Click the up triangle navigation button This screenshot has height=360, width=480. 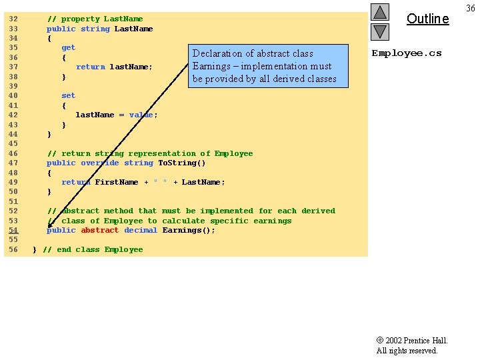coord(380,12)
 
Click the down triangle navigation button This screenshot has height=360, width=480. coord(380,32)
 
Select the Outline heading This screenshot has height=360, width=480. coord(427,19)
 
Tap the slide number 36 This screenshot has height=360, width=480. coord(471,8)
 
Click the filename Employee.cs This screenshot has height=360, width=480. coord(407,53)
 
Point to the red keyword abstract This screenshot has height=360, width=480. coord(100,230)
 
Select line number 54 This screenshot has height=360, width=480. coord(13,230)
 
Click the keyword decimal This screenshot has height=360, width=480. coord(141,230)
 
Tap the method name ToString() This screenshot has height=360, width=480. coord(181,163)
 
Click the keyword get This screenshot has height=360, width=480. coord(68,48)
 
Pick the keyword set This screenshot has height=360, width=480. coord(68,95)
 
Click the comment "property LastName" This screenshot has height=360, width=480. coord(102,19)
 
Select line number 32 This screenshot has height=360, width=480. coord(13,19)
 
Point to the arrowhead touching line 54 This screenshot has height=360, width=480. coord(49,226)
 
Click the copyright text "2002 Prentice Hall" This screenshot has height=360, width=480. coord(416,341)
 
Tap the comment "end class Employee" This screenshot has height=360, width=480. coord(100,249)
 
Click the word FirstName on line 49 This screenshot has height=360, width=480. coord(116,182)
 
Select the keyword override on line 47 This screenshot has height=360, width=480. coord(100,163)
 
